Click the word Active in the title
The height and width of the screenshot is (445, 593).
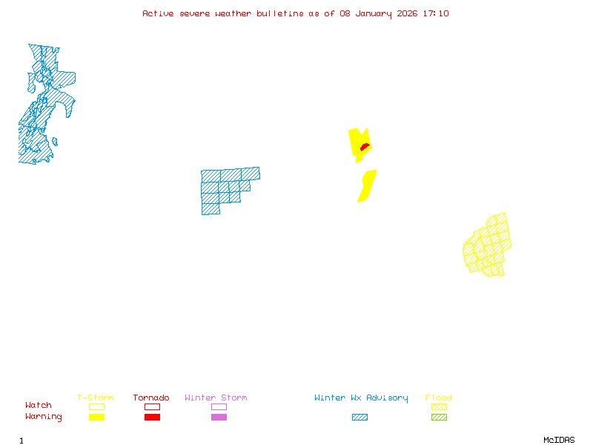(159, 13)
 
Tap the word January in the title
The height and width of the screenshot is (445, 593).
(371, 13)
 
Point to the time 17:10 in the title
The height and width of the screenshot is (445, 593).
(436, 13)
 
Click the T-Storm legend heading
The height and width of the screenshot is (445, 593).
(96, 398)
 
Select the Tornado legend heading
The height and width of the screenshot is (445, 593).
(151, 398)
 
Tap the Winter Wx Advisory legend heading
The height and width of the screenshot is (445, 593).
(361, 398)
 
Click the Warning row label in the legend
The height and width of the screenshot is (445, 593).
(44, 417)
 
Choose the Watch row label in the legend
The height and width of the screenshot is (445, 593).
(39, 406)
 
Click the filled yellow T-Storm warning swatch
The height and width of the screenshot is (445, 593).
(96, 418)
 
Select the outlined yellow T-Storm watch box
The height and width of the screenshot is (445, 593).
(96, 406)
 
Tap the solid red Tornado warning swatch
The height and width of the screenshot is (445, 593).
(152, 418)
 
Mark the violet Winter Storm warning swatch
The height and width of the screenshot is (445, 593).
(219, 418)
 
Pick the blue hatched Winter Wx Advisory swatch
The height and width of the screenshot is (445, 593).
(360, 418)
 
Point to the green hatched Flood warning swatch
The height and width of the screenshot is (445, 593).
(439, 418)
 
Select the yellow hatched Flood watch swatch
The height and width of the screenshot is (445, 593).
(439, 406)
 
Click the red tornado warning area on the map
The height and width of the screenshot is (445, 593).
(364, 148)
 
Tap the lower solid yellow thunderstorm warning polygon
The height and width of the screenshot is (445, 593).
(367, 185)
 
